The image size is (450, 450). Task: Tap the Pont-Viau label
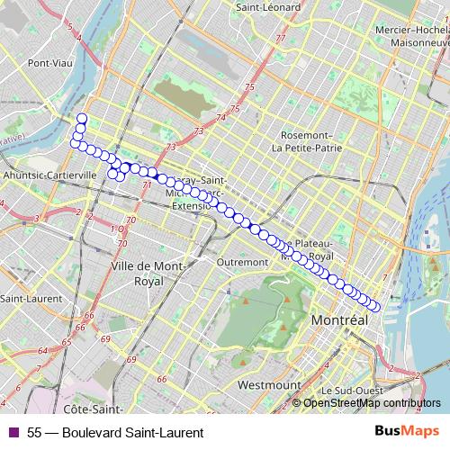(x=49, y=63)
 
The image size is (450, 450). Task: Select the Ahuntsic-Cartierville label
(x=50, y=175)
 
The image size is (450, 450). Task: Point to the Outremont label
(x=243, y=262)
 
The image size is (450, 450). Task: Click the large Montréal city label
(x=339, y=320)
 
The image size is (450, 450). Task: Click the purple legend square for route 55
(x=13, y=432)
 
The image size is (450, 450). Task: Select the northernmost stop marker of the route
(x=82, y=119)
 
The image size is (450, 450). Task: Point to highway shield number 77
(x=281, y=39)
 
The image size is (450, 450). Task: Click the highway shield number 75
(x=236, y=109)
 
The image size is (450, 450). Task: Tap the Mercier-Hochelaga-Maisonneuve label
(x=413, y=34)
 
